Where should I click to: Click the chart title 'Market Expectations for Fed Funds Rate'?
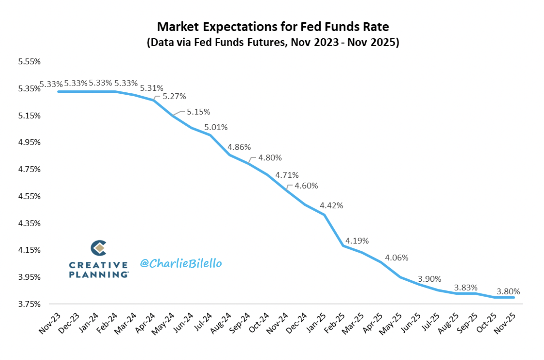tap(273, 27)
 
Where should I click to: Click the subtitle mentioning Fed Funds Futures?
tap(273, 43)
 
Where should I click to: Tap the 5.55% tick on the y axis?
tap(29, 62)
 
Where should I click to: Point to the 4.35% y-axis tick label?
tap(29, 223)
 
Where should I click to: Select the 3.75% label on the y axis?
tap(29, 304)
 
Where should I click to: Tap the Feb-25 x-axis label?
tap(335, 323)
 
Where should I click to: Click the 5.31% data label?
tap(152, 88)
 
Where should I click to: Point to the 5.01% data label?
tap(216, 128)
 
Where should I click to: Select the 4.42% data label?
tap(331, 206)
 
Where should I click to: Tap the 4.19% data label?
tap(357, 241)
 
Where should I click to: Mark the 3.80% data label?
tap(508, 292)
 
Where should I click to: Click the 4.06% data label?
tap(396, 258)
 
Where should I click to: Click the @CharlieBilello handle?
tap(181, 263)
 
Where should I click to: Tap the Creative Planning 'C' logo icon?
tap(98, 248)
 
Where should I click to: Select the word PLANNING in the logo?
tap(99, 275)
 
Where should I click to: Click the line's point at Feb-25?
tap(343, 246)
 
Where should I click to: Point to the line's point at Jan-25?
tap(324, 215)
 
